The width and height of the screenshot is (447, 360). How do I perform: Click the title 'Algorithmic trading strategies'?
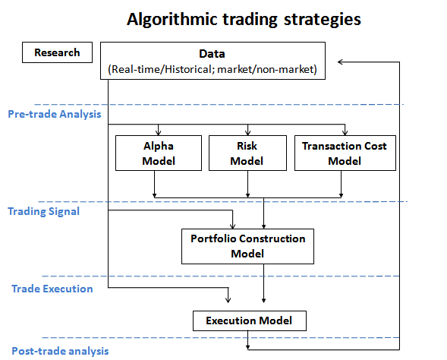(x=243, y=18)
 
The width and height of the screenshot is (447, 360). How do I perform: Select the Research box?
(x=57, y=52)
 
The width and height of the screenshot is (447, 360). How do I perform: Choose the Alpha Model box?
(x=159, y=153)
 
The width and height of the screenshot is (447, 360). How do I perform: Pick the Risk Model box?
(x=247, y=153)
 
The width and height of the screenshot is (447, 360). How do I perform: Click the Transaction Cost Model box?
(x=345, y=153)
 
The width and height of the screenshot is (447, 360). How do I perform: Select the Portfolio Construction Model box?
(x=247, y=246)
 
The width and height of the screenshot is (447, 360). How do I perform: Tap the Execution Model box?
(x=249, y=321)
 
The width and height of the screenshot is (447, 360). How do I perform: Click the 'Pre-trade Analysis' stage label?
(x=55, y=115)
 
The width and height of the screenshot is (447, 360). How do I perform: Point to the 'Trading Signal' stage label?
(x=43, y=211)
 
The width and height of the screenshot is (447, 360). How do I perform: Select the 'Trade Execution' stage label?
(x=52, y=289)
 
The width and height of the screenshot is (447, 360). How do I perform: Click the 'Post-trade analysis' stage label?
(x=59, y=350)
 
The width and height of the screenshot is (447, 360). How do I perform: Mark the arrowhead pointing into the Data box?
(x=343, y=61)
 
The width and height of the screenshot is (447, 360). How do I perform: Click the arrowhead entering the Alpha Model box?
(x=159, y=131)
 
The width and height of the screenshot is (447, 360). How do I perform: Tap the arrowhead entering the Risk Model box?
(x=247, y=131)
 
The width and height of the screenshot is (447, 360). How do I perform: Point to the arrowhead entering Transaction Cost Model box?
(x=345, y=131)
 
